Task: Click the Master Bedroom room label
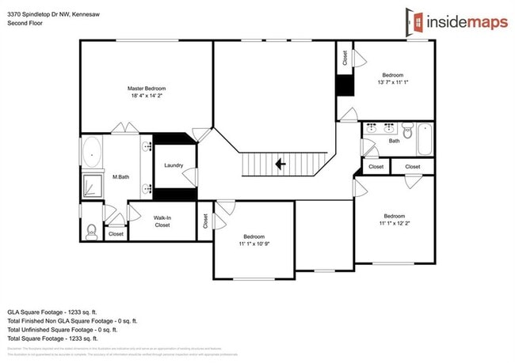pos(147,88)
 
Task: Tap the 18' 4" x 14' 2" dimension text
pos(147,95)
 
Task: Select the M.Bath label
pos(120,177)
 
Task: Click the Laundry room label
pos(174,165)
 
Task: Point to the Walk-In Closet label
pos(162,221)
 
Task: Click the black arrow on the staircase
pos(280,164)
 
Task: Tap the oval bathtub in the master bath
pos(92,150)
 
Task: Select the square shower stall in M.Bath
pos(93,186)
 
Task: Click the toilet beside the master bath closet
pos(91,231)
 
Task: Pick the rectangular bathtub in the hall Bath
pos(424,139)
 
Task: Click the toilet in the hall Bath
pos(407,131)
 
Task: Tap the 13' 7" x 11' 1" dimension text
pos(394,82)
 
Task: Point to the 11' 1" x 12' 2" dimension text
pos(394,223)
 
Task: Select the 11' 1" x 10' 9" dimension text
pos(254,244)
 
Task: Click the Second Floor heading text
pos(24,23)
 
